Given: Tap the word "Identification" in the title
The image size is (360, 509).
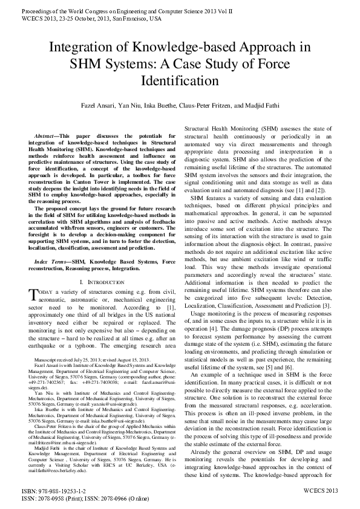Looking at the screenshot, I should click(x=179, y=80).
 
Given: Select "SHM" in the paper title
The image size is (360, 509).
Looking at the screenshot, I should click(x=89, y=65).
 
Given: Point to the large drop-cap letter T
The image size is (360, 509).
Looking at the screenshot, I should click(x=34, y=294).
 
